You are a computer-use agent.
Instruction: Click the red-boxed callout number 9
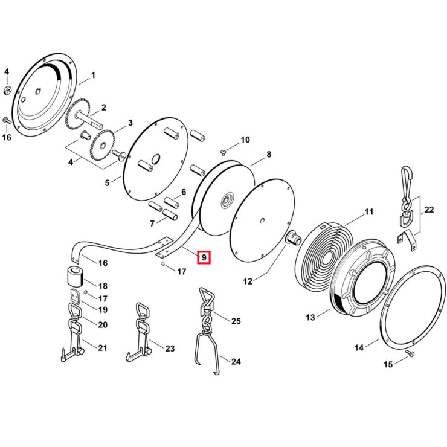(x=204, y=257)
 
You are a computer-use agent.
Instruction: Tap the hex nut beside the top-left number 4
(x=7, y=91)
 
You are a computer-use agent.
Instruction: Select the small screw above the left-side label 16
(x=7, y=120)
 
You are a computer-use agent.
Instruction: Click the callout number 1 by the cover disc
(x=93, y=76)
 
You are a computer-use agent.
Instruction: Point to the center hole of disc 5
(x=156, y=159)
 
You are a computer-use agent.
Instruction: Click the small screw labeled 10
(x=224, y=153)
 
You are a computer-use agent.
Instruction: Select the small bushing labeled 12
(x=292, y=237)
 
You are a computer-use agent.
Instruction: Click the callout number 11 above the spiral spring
(x=369, y=212)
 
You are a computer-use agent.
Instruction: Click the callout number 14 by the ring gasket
(x=359, y=347)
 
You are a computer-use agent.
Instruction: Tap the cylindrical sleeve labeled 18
(x=76, y=276)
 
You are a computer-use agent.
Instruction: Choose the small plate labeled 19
(x=75, y=296)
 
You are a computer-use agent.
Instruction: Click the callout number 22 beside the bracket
(x=429, y=210)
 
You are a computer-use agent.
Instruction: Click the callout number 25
(x=236, y=321)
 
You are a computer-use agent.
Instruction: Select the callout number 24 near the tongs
(x=236, y=361)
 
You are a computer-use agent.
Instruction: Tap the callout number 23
(x=170, y=349)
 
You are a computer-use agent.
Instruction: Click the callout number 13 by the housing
(x=310, y=317)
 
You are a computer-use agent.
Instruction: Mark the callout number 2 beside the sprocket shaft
(x=103, y=108)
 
